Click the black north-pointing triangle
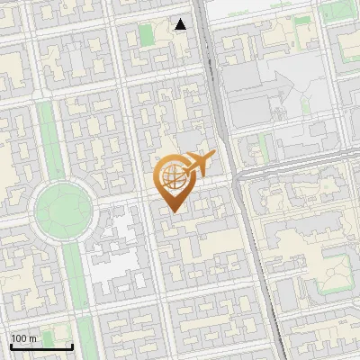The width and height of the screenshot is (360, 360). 181,24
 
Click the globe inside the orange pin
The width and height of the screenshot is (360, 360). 173,176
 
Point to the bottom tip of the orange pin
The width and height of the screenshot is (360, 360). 174,211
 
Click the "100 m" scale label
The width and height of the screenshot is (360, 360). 23,338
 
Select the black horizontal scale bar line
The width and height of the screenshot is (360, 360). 41,346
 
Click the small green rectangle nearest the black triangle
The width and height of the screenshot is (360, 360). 147,37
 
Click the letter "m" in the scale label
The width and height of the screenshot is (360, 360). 33,338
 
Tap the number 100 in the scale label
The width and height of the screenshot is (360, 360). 19,338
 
